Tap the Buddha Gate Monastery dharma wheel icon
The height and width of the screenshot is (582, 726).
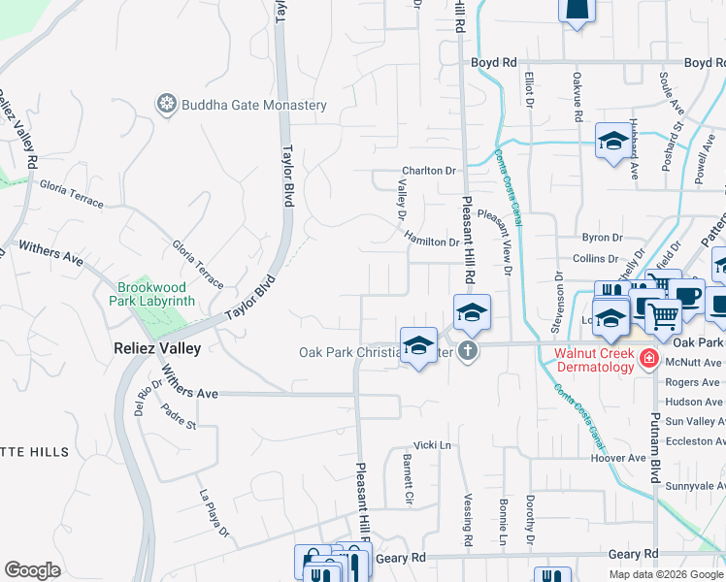[167, 104]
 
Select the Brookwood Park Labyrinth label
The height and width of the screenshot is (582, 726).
[155, 294]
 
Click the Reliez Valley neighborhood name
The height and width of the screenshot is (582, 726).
[155, 348]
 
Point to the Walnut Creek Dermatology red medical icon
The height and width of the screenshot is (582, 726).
[648, 361]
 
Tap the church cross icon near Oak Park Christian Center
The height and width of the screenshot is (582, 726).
[468, 351]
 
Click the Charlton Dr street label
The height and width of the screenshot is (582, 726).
[429, 171]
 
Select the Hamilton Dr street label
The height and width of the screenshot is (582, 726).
[431, 242]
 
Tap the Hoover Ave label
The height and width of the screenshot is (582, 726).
[617, 458]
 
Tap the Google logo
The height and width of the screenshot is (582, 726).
[32, 570]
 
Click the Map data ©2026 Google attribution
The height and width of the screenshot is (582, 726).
[665, 574]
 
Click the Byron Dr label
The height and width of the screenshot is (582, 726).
[601, 238]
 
